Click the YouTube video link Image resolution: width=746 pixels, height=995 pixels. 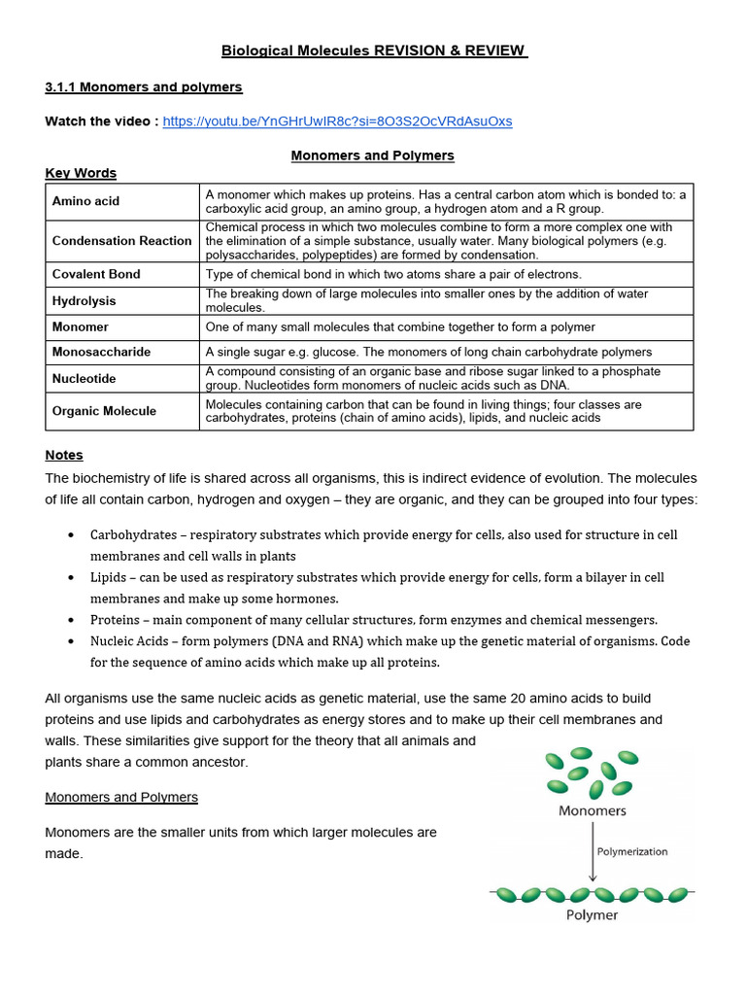(x=337, y=121)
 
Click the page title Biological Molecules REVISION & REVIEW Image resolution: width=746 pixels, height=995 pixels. (x=374, y=51)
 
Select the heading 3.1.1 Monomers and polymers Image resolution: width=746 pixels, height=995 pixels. (x=144, y=87)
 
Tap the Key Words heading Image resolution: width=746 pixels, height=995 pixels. (x=81, y=173)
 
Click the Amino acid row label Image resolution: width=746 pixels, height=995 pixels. (x=85, y=201)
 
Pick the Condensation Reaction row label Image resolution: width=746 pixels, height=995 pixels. (x=121, y=241)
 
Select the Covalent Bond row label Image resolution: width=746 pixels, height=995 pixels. (x=96, y=274)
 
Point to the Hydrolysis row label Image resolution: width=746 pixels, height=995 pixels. (x=84, y=301)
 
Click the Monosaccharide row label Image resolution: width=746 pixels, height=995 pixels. (x=101, y=352)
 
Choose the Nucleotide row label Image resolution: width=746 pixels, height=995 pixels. (x=84, y=379)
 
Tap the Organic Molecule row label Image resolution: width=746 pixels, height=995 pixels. (x=104, y=411)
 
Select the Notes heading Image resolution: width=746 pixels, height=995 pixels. (x=64, y=455)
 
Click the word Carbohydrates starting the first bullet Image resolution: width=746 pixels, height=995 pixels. (x=133, y=535)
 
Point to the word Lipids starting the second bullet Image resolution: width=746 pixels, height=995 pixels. (x=109, y=577)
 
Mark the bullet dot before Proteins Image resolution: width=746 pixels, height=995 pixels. (x=72, y=620)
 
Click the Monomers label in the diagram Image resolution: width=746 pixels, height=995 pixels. (x=593, y=810)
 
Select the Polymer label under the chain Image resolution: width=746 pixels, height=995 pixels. (x=592, y=915)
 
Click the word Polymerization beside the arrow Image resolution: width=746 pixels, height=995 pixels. (x=632, y=851)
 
